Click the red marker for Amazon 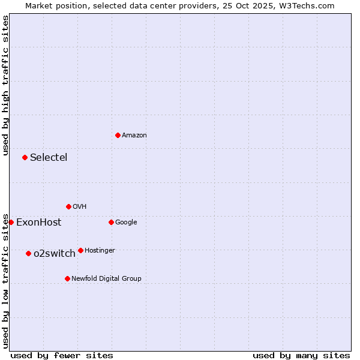pos(118,135)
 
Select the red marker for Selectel pos(25,157)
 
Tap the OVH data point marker pos(68,206)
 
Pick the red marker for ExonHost pos(11,222)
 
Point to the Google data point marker pos(111,222)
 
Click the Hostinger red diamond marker pos(80,250)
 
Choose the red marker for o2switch pos(28,253)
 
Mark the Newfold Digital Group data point pos(67,278)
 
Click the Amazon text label pos(134,136)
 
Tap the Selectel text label pos(49,158)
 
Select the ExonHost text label pos(38,223)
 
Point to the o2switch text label pos(55,254)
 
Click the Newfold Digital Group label pos(106,278)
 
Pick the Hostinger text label pos(100,251)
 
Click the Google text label pos(126,223)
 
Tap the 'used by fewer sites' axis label pos(62,355)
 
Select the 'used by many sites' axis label pos(301,355)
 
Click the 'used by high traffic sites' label pos(5,86)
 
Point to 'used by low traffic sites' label pos(5,280)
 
